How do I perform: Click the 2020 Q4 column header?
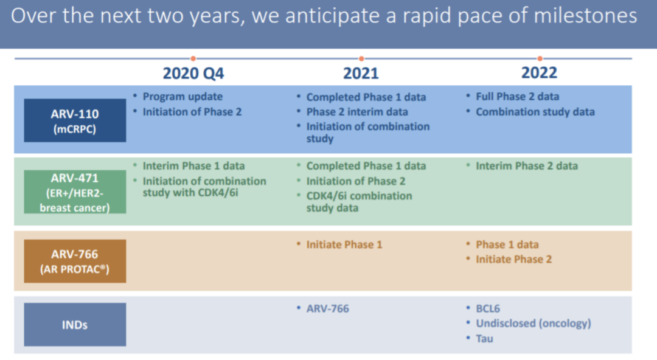tap(193, 74)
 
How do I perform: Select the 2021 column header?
tap(361, 74)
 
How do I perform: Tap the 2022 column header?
tap(539, 73)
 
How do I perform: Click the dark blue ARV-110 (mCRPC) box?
tap(75, 120)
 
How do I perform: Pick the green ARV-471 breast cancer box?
tap(75, 192)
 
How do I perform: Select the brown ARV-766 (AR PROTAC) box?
tap(75, 261)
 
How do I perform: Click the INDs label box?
tap(75, 325)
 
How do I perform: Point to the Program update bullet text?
tap(182, 97)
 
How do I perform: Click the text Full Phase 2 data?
tap(518, 97)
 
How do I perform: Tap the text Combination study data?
tap(535, 112)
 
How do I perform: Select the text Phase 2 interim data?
tap(357, 112)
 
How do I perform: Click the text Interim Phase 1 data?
tap(193, 166)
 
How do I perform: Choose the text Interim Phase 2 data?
tap(527, 166)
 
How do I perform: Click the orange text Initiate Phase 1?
tap(344, 244)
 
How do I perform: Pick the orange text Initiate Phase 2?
tap(513, 260)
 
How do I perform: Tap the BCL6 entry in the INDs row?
tap(488, 309)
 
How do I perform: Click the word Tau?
tap(484, 339)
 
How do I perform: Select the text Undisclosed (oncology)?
tap(534, 324)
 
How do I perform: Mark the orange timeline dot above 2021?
tap(361, 58)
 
